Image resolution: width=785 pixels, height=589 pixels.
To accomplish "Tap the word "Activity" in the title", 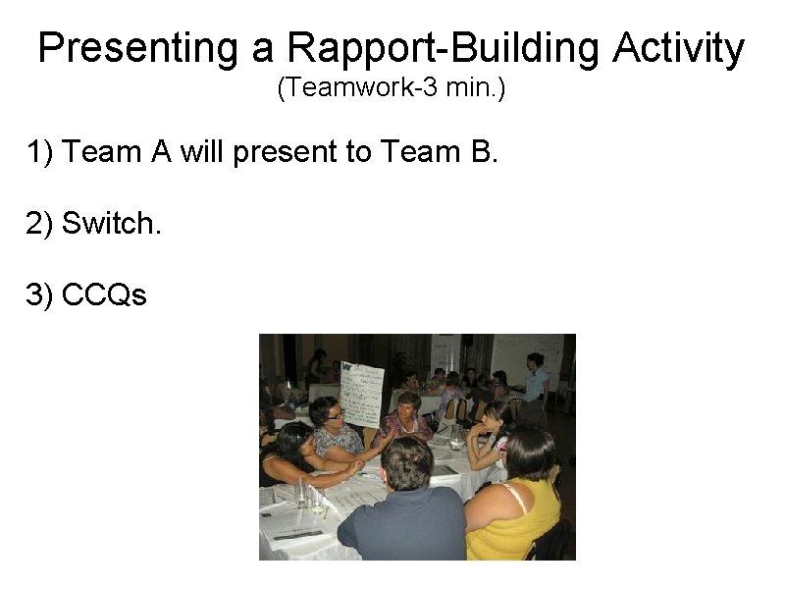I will (678, 48).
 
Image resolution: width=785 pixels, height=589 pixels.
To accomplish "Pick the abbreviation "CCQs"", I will (104, 294).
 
